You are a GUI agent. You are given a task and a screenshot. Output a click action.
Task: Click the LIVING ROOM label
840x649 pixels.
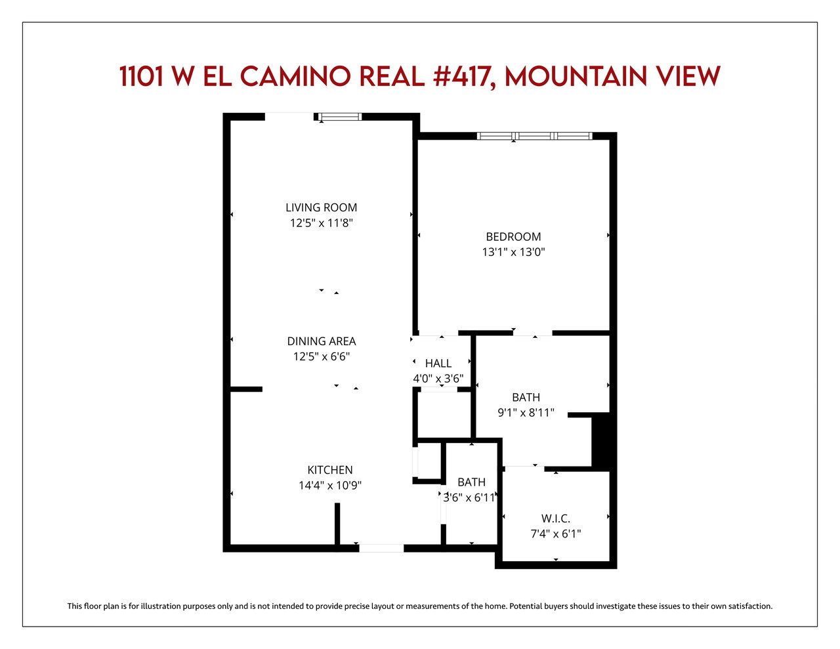[321, 207]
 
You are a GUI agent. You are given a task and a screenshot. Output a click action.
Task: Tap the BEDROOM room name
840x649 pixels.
[513, 236]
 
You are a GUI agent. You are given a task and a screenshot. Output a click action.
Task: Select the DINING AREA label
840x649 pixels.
[322, 341]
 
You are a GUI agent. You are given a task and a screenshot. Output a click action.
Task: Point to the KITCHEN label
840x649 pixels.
[330, 470]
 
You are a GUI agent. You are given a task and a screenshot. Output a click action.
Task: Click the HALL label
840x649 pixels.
[438, 364]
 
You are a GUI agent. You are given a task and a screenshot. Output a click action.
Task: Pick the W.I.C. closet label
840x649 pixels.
[556, 518]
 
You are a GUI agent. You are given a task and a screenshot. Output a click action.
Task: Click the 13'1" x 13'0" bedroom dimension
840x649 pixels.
[513, 252]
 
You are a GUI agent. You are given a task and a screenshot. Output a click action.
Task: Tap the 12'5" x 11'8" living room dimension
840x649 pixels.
[322, 223]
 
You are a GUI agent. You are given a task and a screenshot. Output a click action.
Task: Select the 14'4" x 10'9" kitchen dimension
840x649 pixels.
[330, 485]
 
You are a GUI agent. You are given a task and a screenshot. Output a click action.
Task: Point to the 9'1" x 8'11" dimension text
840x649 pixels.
[526, 413]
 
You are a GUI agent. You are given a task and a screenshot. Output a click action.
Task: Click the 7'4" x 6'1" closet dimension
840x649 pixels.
[556, 534]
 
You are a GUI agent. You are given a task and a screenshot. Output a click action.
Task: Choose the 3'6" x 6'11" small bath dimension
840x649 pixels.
[469, 497]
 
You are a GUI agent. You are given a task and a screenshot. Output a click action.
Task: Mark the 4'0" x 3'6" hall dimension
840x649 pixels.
[438, 379]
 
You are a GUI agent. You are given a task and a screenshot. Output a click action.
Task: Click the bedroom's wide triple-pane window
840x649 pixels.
[534, 136]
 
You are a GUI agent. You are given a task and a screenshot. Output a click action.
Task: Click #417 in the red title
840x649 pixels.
[464, 77]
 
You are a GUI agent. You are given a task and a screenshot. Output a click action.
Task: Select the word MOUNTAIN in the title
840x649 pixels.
[576, 76]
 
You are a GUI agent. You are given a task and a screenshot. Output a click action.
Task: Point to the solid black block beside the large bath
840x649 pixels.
[600, 442]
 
